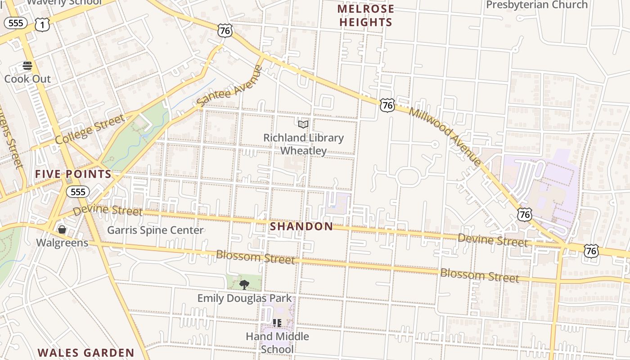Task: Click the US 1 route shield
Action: [x=42, y=25]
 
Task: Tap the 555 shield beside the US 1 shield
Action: [x=16, y=23]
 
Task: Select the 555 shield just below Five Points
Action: [x=78, y=192]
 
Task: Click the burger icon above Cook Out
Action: [x=27, y=66]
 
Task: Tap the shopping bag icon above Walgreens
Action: [x=62, y=230]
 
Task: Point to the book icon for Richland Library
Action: [x=303, y=124]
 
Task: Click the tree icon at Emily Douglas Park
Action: [x=244, y=284]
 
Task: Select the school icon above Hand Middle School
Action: [x=277, y=323]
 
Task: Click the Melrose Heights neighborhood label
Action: [x=365, y=15]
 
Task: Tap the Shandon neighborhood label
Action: [x=301, y=226]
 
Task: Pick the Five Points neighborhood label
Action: [x=73, y=174]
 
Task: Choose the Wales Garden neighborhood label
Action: [x=86, y=353]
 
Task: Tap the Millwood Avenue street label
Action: [x=445, y=136]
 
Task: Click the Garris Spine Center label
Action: [x=155, y=230]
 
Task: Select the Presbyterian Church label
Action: [x=537, y=5]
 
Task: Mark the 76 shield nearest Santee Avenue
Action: [x=225, y=31]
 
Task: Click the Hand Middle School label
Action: [x=277, y=342]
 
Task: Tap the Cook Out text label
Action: [x=27, y=79]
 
